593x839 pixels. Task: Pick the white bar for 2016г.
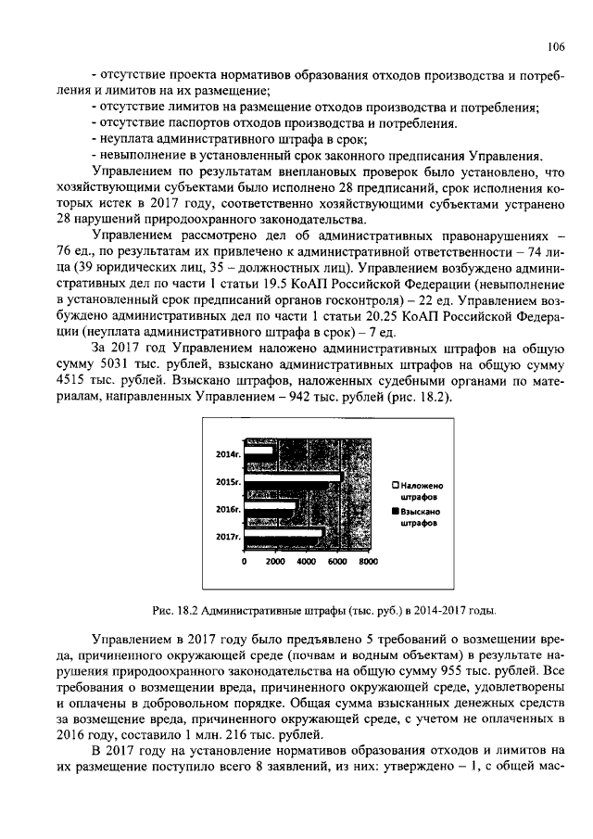(270, 506)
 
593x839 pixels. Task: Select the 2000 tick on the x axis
(275, 562)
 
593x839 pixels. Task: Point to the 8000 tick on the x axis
(368, 562)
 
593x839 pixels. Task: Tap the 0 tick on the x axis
(245, 562)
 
